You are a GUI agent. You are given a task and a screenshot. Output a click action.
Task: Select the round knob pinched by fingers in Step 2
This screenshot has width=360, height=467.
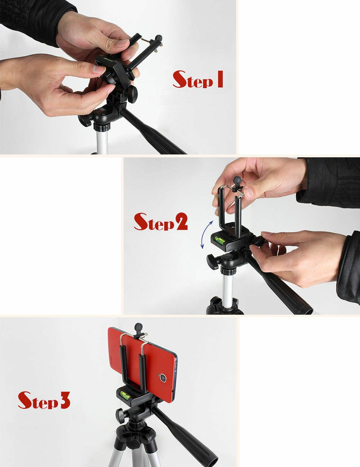coord(237,180)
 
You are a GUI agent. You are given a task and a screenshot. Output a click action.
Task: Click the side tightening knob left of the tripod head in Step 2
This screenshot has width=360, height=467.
coord(212,261)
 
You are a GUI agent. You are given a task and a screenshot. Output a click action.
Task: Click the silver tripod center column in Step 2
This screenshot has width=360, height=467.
coord(228,290)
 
